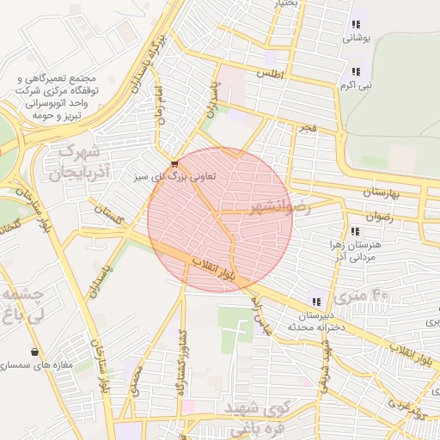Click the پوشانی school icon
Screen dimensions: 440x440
[356, 25]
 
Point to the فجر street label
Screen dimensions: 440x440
[309, 127]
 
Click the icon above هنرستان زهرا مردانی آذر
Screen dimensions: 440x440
[355, 231]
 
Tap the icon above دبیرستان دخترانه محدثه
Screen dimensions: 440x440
[316, 302]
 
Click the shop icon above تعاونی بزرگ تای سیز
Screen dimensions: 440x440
[175, 162]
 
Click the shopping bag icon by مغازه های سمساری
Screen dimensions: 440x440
[34, 351]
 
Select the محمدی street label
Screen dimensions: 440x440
[135, 379]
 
